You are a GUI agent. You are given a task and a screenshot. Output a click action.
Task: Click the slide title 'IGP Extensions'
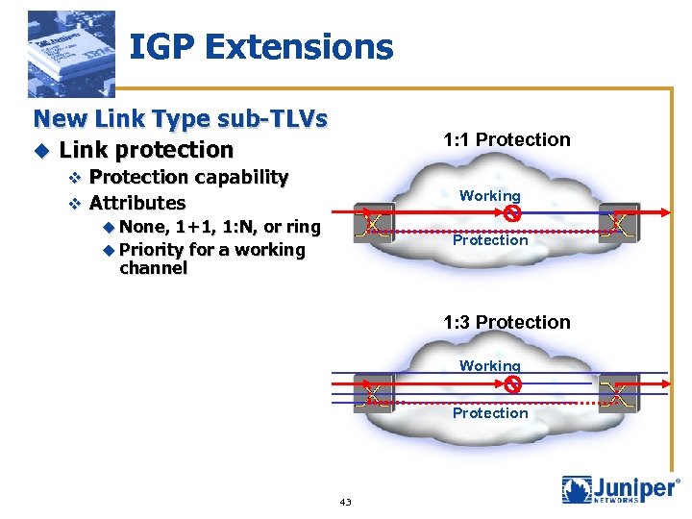point(260,46)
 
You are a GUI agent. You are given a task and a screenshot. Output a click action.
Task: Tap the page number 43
point(346,502)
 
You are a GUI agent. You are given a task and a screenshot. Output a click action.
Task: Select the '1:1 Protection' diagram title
point(507,139)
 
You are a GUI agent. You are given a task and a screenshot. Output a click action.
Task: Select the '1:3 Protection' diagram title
point(507,322)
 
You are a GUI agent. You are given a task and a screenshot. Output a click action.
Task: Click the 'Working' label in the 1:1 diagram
point(489,196)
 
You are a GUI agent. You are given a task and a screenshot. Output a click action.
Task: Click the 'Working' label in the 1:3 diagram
point(489,365)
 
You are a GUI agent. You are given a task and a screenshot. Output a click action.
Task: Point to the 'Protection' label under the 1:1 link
point(490,240)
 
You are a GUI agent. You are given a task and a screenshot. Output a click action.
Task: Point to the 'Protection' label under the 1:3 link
point(490,413)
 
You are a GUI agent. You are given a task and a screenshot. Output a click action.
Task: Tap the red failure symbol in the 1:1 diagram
point(512,213)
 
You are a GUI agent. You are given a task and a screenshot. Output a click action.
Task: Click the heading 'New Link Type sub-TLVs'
point(181,119)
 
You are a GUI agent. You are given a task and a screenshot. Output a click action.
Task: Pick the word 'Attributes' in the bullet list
point(137,203)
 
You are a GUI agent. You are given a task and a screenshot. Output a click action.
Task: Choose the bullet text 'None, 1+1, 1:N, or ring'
point(220,228)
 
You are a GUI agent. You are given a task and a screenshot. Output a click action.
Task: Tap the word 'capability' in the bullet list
point(241,177)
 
